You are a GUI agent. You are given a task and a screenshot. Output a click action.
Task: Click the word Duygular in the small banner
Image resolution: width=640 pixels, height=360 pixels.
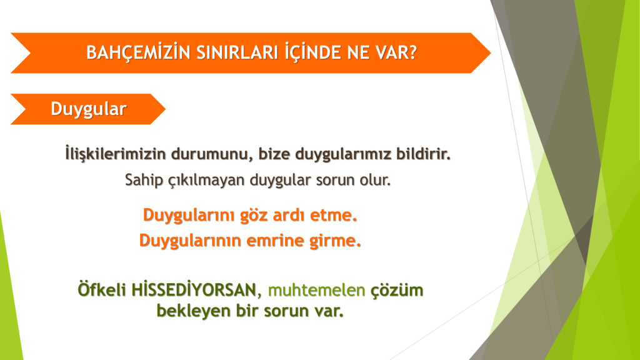pyautogui.click(x=89, y=109)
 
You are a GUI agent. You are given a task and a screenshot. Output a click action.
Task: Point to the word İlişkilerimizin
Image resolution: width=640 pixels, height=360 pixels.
pyautogui.click(x=116, y=154)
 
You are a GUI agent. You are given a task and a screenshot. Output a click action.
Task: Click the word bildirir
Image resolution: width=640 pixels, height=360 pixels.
pyautogui.click(x=423, y=154)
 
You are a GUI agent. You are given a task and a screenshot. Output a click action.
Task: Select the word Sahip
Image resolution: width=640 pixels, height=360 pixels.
pyautogui.click(x=144, y=180)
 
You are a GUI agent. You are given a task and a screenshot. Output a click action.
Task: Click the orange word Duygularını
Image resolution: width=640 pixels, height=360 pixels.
pyautogui.click(x=189, y=215)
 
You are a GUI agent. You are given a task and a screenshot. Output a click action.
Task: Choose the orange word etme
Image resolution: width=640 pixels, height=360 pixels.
pyautogui.click(x=334, y=215)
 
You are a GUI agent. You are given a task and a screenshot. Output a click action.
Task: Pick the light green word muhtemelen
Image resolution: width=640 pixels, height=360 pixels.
pyautogui.click(x=316, y=290)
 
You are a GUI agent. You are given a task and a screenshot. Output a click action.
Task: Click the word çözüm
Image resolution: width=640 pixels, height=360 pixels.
pyautogui.click(x=397, y=291)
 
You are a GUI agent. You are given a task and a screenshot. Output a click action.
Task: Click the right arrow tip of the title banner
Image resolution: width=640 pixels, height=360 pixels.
pyautogui.click(x=490, y=53)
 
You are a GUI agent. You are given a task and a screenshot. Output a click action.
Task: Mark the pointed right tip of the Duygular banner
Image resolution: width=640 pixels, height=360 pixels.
pyautogui.click(x=165, y=109)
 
